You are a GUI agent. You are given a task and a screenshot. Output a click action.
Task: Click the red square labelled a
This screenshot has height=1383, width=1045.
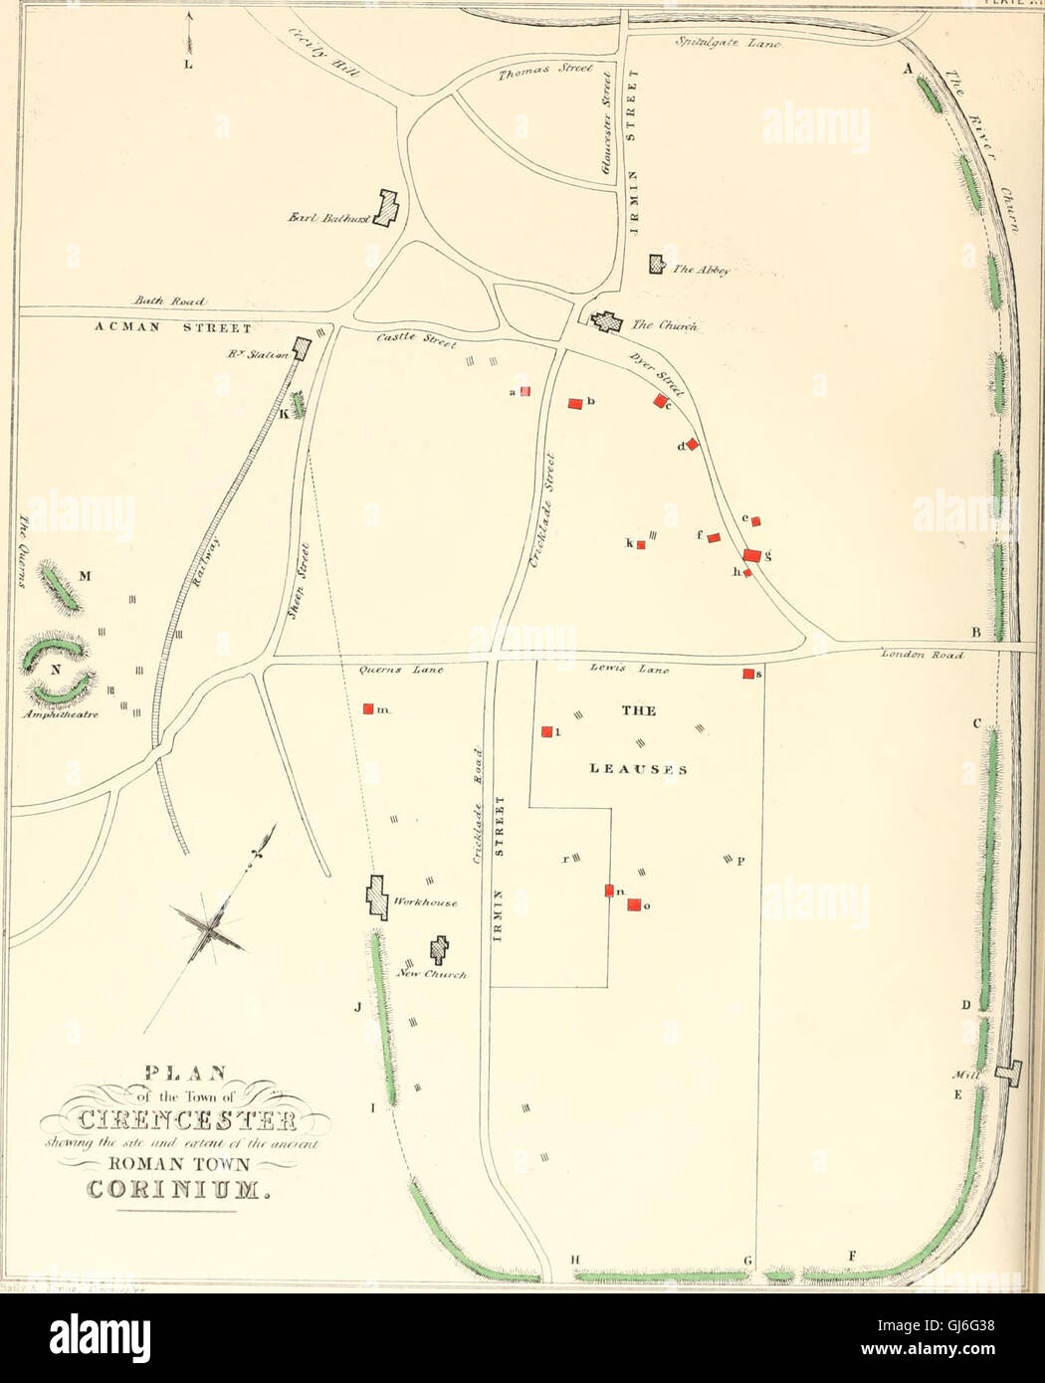click(x=525, y=392)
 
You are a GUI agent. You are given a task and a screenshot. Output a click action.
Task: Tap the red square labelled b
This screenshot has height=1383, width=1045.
click(x=574, y=403)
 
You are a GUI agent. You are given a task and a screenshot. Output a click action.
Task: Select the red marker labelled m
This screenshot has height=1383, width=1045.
click(x=368, y=708)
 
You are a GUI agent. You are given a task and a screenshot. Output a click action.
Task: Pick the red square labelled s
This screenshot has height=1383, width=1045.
click(x=747, y=674)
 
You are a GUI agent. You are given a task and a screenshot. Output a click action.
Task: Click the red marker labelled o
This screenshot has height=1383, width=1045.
click(x=634, y=903)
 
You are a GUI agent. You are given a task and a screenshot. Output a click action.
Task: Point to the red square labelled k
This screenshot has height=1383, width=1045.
click(x=641, y=544)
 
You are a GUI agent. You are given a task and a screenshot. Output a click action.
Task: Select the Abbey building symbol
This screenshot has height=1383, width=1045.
click(x=656, y=265)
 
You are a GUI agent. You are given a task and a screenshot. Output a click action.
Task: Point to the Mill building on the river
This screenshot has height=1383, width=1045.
click(x=1012, y=1073)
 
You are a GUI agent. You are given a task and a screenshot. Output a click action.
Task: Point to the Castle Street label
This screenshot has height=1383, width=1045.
click(x=415, y=340)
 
